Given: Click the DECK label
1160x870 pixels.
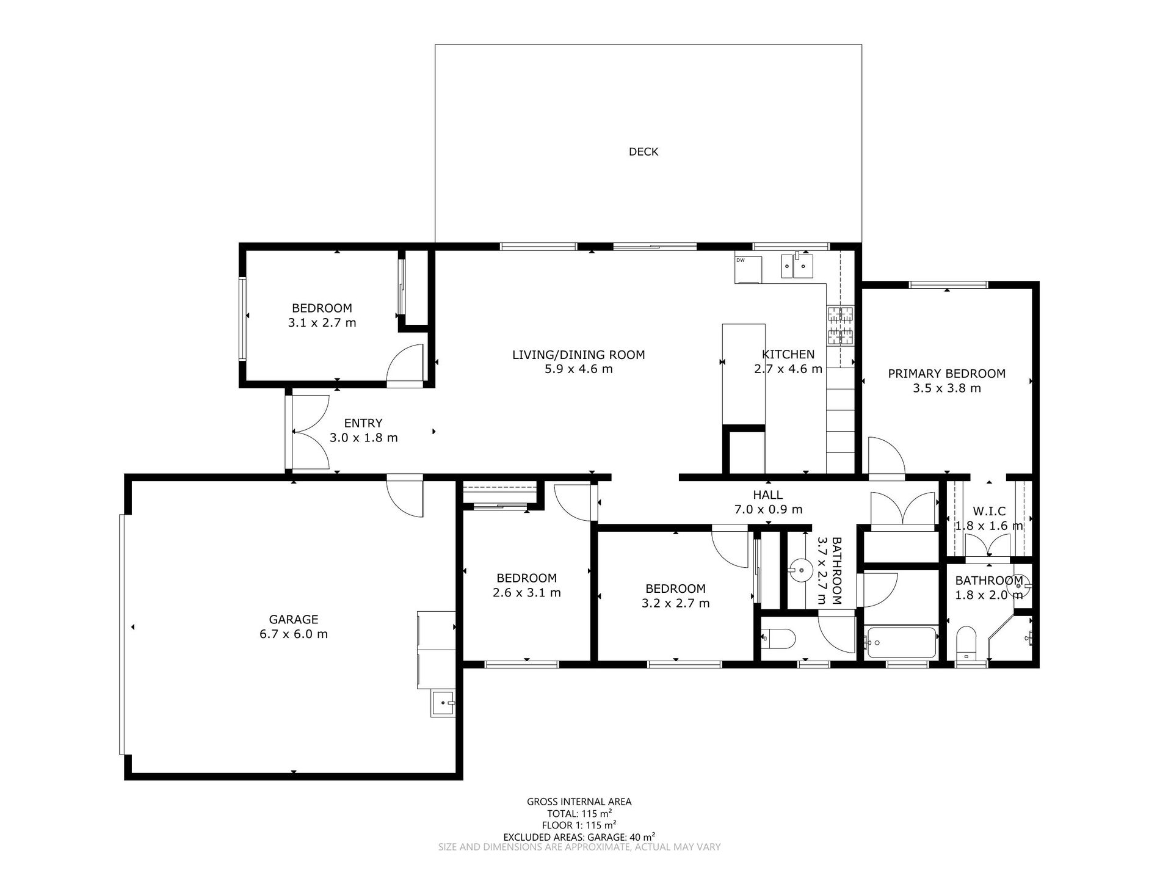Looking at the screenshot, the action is [x=643, y=151].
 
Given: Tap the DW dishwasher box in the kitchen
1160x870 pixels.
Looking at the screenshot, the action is [x=749, y=269].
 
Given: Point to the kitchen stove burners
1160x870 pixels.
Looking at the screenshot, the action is [x=840, y=325].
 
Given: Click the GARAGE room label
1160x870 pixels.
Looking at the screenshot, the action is [x=294, y=619].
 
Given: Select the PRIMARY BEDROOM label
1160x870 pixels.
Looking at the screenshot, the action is [x=946, y=374].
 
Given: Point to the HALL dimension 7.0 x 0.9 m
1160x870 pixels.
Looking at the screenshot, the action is [x=768, y=509].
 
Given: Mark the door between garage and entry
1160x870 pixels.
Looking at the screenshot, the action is [x=405, y=495].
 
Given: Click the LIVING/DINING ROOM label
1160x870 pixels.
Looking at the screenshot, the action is [x=578, y=355].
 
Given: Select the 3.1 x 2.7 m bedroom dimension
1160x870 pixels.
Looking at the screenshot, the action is [x=322, y=322].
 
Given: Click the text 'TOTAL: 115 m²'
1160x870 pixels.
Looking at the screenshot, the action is [x=579, y=813].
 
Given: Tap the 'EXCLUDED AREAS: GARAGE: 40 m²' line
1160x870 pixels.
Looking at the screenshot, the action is [x=579, y=836].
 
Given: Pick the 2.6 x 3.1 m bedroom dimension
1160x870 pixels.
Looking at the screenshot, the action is [x=526, y=592].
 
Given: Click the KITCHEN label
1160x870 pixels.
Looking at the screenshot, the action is [x=788, y=354].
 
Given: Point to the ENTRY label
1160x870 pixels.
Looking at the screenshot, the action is [x=363, y=423].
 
